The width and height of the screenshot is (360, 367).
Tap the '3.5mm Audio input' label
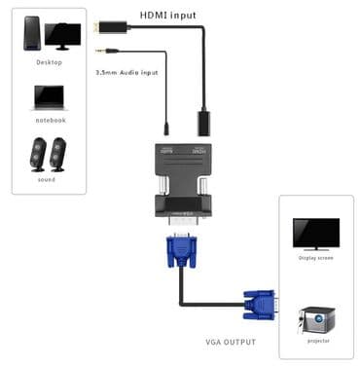126,71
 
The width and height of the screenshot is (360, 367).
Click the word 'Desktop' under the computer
49,62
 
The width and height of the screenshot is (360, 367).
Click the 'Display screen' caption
316,258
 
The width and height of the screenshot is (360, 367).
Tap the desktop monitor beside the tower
63,36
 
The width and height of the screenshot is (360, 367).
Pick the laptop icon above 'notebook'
49,97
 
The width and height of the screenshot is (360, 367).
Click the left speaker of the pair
38,154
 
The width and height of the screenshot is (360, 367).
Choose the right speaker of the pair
59,154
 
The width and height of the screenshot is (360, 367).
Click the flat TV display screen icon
316,234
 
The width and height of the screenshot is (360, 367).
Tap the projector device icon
316,319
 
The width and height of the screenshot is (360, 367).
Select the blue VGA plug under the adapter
182,252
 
